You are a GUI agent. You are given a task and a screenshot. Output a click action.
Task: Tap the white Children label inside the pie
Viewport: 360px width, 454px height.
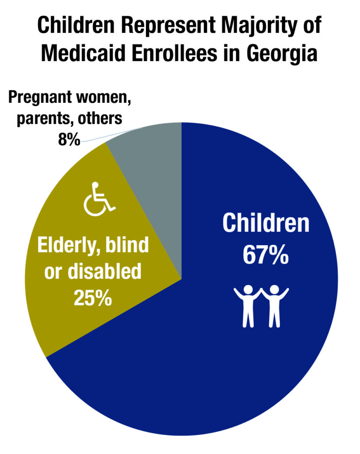(x=266, y=223)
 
